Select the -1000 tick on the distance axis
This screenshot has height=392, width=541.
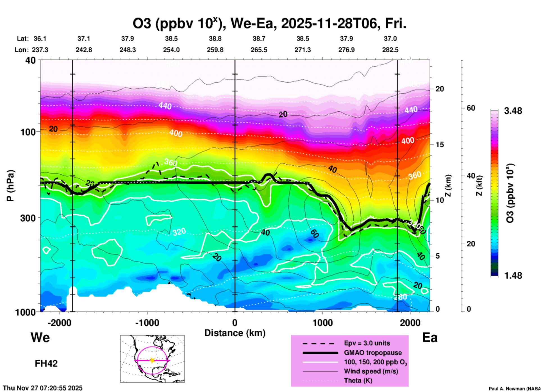[x=147, y=323]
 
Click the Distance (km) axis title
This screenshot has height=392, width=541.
[x=235, y=333]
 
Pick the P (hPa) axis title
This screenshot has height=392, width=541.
[x=10, y=186]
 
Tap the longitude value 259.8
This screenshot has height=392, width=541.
[x=215, y=50]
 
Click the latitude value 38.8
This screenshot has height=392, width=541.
[x=215, y=39]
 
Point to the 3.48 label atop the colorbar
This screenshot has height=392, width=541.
[x=513, y=111]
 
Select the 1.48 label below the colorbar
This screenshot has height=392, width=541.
[x=513, y=276]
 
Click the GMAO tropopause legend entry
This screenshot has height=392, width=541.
[x=373, y=353]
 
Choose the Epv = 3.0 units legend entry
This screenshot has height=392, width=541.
[x=367, y=343]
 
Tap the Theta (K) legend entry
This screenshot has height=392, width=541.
[x=358, y=380]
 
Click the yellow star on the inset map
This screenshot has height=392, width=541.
[x=152, y=360]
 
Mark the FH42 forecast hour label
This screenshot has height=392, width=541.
[x=46, y=364]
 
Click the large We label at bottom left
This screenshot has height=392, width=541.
[x=40, y=337]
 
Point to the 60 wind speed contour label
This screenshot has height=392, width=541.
[x=314, y=233]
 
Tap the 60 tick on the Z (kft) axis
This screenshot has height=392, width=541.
[x=471, y=108]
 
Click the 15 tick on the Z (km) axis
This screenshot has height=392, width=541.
[x=440, y=145]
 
